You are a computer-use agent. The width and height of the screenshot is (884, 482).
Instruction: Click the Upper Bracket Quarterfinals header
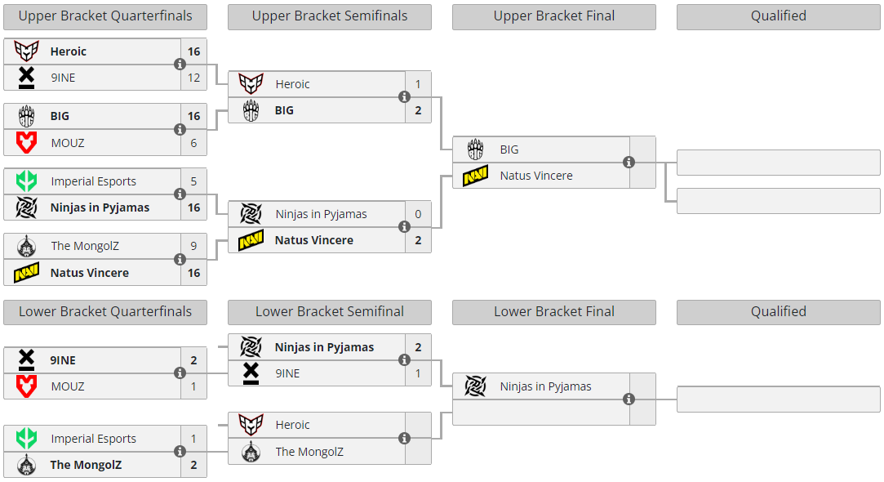[105, 16]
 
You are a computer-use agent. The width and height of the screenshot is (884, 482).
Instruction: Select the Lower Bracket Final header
[553, 312]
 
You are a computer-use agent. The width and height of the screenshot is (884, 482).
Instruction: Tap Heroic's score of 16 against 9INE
[193, 51]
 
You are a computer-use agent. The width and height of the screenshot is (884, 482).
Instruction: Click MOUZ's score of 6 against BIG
[193, 143]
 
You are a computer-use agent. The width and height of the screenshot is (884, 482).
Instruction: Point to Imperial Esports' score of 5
[193, 181]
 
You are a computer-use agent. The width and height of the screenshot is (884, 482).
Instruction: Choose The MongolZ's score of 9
[193, 247]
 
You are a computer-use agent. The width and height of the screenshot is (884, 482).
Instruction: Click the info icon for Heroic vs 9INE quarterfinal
[180, 65]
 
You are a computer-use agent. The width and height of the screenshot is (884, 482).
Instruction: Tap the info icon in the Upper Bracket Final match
[629, 163]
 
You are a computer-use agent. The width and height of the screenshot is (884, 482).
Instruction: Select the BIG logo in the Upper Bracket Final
[475, 150]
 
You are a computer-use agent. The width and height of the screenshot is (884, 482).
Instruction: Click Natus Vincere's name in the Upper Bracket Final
[536, 176]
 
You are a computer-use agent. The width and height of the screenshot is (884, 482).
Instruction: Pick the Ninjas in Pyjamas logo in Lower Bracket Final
[475, 386]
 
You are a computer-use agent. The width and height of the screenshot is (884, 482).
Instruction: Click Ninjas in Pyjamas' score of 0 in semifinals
[418, 214]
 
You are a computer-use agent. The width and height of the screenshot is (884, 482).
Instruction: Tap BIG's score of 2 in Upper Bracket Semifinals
[418, 110]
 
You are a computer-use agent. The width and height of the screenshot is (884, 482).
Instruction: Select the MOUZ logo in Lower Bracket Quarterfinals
[26, 386]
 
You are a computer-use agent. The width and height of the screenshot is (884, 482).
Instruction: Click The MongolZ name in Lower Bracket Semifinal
[309, 452]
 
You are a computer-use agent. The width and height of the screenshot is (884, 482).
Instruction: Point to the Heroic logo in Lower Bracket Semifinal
[251, 425]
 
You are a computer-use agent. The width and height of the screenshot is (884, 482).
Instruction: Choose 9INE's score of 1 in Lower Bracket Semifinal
[418, 373]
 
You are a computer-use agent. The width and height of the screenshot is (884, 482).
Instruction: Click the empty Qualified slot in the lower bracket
[778, 399]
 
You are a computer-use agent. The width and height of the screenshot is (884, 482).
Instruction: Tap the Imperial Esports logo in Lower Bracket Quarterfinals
[26, 439]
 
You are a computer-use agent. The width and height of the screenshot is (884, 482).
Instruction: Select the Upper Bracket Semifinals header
[329, 16]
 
